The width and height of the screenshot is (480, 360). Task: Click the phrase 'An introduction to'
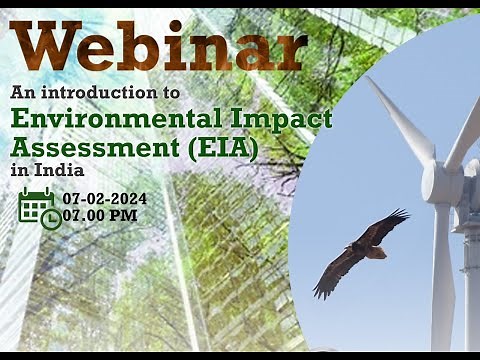click(95, 91)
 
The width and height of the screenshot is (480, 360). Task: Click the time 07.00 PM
click(100, 215)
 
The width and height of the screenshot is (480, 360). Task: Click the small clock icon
click(50, 219)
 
